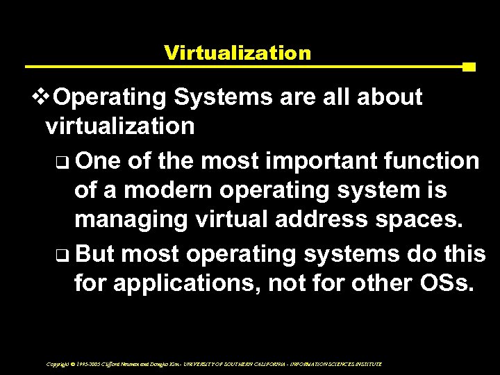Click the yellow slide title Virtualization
(236, 52)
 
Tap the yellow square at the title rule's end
(468, 67)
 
